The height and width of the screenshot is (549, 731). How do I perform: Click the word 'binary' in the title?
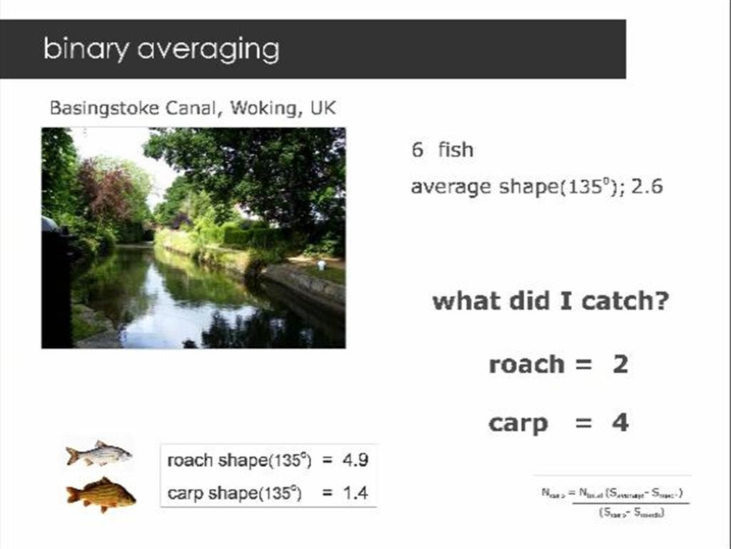pyautogui.click(x=86, y=49)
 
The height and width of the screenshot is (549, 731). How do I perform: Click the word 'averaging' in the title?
pyautogui.click(x=208, y=49)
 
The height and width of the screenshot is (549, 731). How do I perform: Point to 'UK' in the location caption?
pyautogui.click(x=323, y=108)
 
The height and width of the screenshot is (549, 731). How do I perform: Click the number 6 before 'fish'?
pyautogui.click(x=417, y=149)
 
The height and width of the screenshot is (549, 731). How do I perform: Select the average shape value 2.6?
pyautogui.click(x=647, y=187)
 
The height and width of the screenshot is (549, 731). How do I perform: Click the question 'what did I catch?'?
pyautogui.click(x=550, y=300)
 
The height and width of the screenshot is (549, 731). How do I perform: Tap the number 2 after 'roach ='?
pyautogui.click(x=620, y=365)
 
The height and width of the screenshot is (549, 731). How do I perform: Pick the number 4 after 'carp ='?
pyautogui.click(x=620, y=422)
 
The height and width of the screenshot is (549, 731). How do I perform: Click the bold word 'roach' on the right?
pyautogui.click(x=526, y=365)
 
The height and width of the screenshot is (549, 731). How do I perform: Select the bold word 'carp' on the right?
pyautogui.click(x=518, y=422)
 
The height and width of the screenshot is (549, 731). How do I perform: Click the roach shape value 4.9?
pyautogui.click(x=355, y=460)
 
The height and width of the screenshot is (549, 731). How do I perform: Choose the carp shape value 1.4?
pyautogui.click(x=355, y=493)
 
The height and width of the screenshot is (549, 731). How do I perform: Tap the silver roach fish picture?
pyautogui.click(x=99, y=454)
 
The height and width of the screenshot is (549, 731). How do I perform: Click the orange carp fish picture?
pyautogui.click(x=101, y=493)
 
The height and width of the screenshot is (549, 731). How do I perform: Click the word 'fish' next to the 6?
pyautogui.click(x=455, y=149)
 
